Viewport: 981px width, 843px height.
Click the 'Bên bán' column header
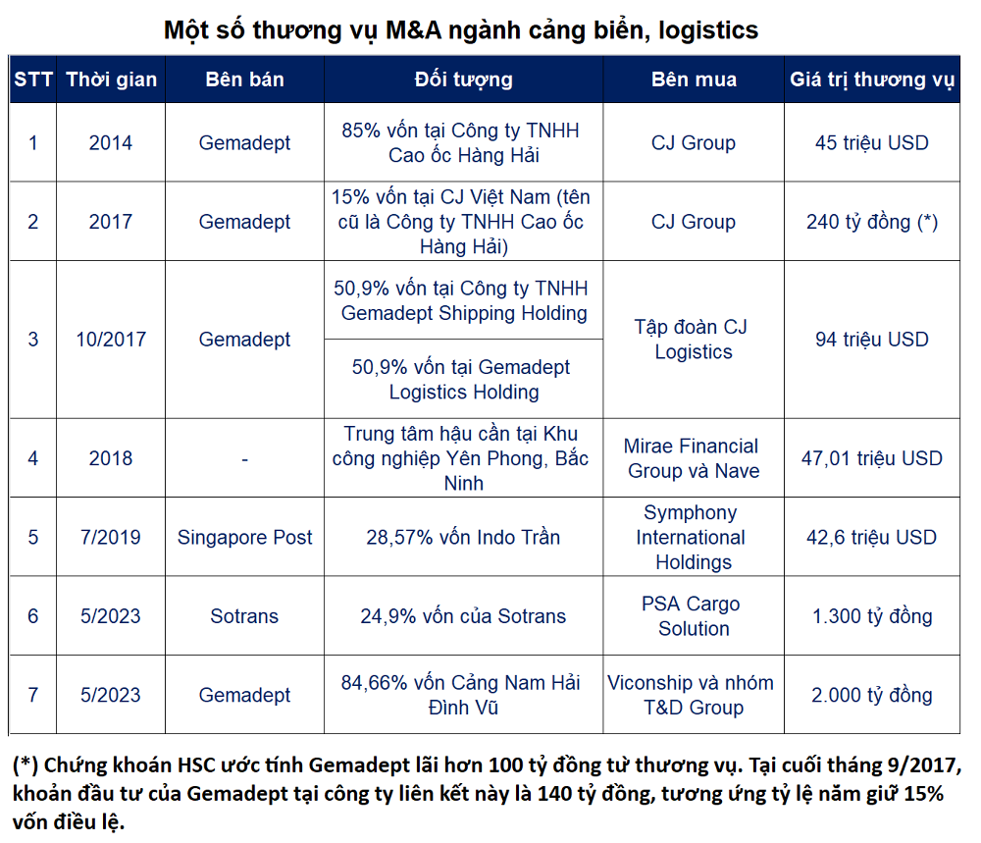[244, 79]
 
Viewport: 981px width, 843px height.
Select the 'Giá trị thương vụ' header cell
[872, 79]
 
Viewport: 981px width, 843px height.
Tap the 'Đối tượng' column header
[463, 79]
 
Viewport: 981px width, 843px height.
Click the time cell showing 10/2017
[111, 340]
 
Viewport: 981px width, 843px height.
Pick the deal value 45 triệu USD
[872, 142]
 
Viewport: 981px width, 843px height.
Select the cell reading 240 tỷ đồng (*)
[872, 222]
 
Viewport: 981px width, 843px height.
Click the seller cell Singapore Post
[244, 537]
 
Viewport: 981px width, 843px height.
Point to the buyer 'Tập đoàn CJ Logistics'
[694, 340]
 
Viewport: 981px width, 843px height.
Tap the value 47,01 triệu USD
[872, 458]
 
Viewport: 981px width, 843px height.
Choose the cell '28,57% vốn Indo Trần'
[463, 537]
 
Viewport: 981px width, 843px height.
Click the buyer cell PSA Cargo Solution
[694, 616]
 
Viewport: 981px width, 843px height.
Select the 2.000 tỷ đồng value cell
[872, 695]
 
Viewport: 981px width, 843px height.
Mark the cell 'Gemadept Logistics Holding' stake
[463, 380]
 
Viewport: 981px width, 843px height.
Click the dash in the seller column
[244, 458]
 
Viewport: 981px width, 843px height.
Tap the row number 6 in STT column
[33, 616]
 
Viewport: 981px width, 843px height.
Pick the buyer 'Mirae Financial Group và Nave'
[694, 458]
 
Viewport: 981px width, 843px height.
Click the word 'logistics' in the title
[707, 30]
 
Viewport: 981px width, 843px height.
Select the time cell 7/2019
[111, 537]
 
